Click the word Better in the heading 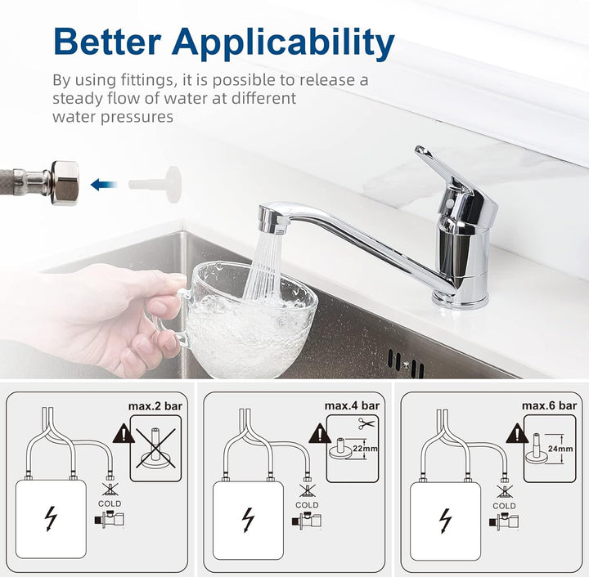tap(108, 41)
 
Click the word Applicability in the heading tap(283, 44)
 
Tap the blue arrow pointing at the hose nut tap(104, 184)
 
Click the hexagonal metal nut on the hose tap(65, 183)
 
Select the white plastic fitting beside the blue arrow tap(155, 184)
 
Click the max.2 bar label tap(155, 406)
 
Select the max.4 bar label tap(352, 405)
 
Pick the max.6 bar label tap(549, 405)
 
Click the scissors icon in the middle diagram tap(366, 423)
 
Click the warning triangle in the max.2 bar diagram tap(124, 433)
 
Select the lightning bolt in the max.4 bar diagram tap(248, 520)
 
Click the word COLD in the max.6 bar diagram tap(504, 506)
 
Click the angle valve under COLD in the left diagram tap(110, 519)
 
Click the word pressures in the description tap(137, 117)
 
